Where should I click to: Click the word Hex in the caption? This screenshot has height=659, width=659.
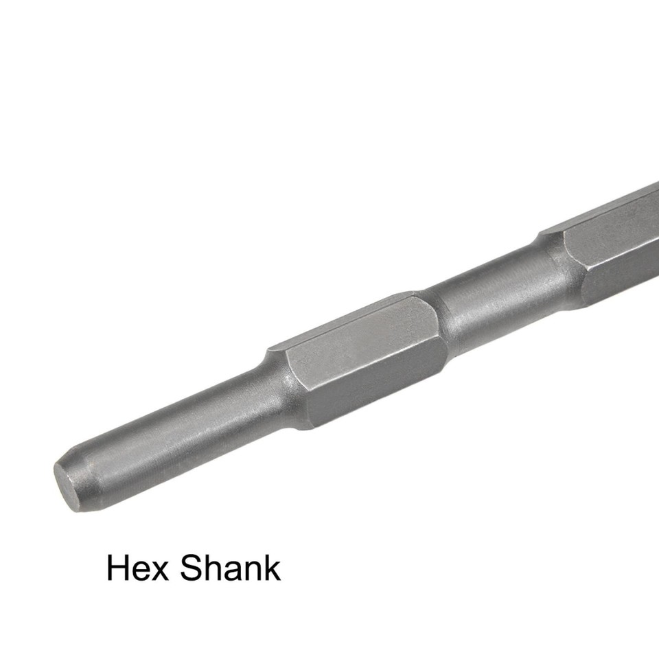pyautogui.click(x=136, y=568)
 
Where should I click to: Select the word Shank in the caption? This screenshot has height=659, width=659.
pyautogui.click(x=231, y=568)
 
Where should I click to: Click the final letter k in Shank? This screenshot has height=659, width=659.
pyautogui.click(x=273, y=568)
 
